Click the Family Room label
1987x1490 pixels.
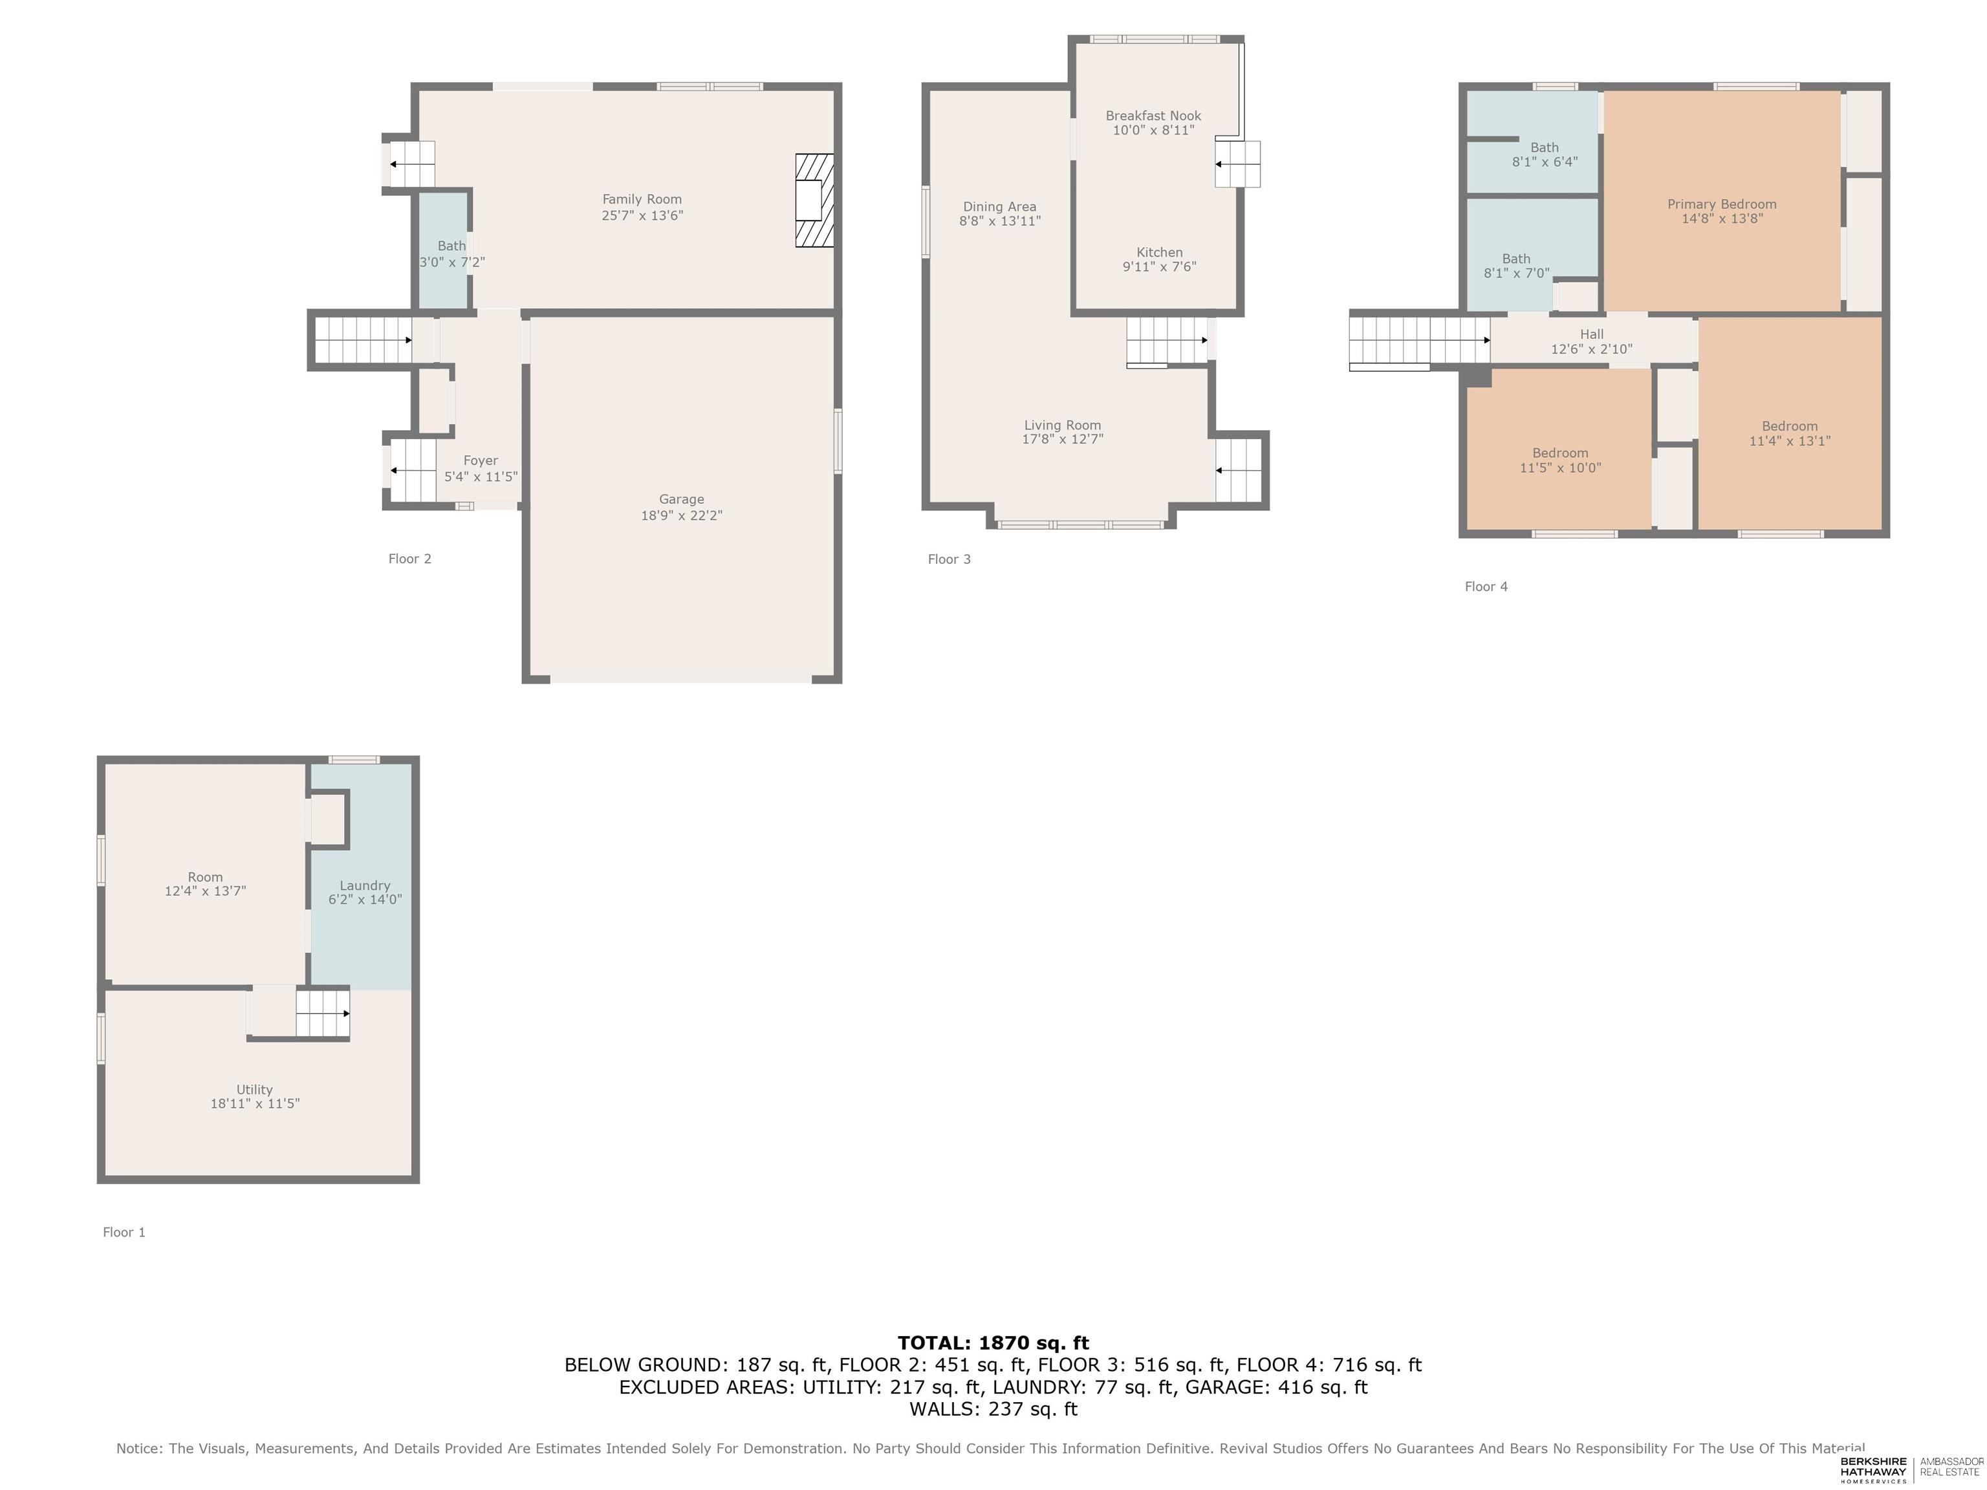coord(642,199)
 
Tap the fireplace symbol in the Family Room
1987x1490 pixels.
coord(814,200)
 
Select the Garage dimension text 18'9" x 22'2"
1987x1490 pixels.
coord(681,515)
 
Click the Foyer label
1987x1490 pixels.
coord(481,460)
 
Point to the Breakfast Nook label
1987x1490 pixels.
coord(1153,116)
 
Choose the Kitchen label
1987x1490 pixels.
coord(1160,252)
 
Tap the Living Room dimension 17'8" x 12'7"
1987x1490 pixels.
coord(1063,439)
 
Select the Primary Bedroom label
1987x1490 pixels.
coord(1722,204)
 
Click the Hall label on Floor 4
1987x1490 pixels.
coord(1592,334)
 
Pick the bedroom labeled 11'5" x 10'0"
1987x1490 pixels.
coord(1560,460)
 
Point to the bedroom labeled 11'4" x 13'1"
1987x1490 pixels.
coord(1789,434)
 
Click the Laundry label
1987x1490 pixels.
coord(365,885)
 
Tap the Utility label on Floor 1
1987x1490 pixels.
coord(254,1090)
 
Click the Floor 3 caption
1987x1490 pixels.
coord(949,559)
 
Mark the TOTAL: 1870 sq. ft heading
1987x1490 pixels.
coord(993,1343)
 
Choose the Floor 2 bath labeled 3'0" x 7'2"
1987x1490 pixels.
coord(452,254)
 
